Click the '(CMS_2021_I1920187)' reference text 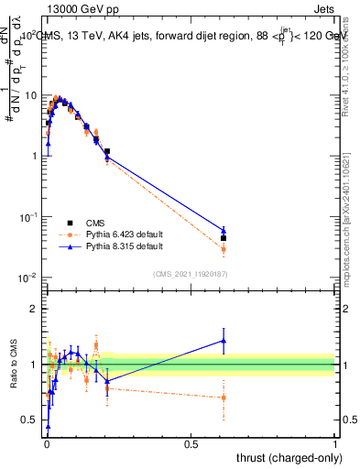coord(191,273)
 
